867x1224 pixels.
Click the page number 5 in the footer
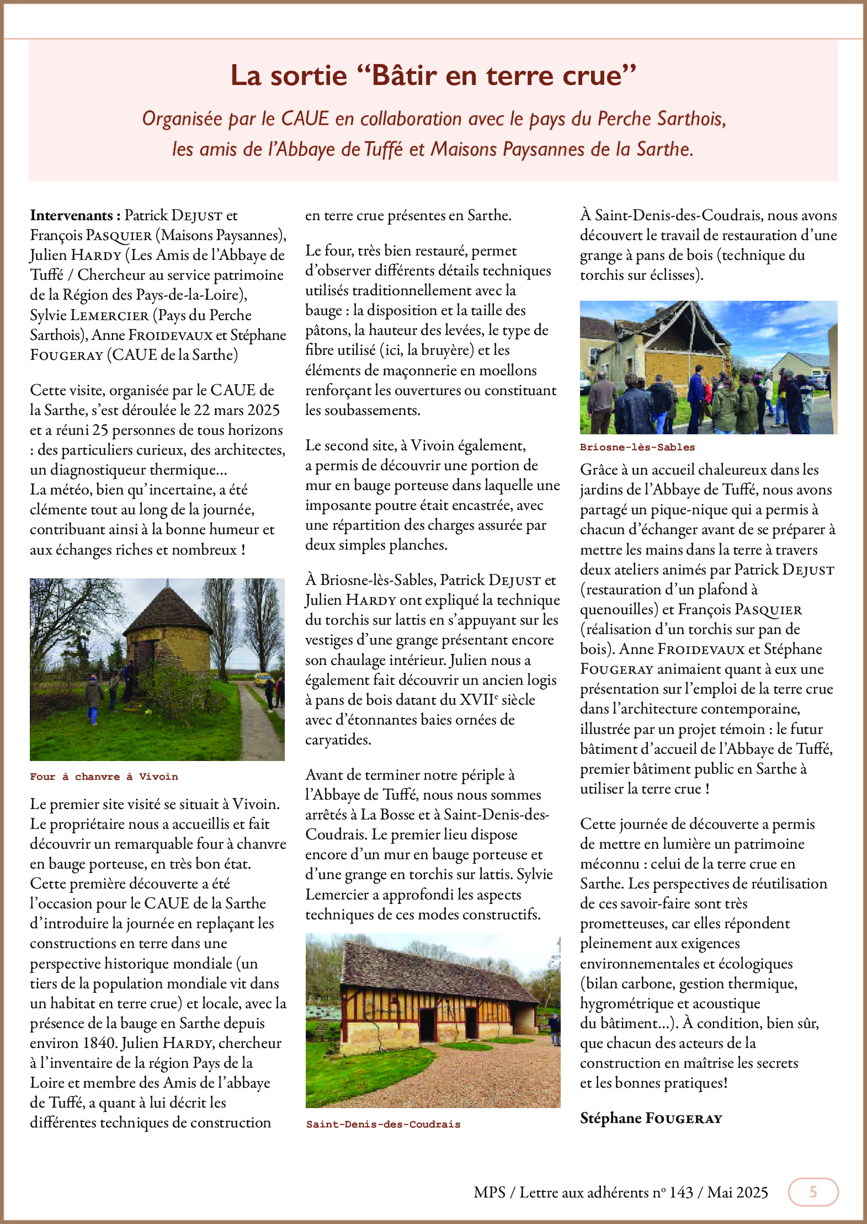point(813,1192)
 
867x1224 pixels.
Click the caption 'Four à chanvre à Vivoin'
point(104,776)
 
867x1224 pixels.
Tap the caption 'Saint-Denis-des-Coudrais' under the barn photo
point(383,1124)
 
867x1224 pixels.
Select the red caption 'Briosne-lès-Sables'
point(637,447)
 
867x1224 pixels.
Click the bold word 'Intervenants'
point(71,215)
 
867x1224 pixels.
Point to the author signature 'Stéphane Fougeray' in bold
point(651,1118)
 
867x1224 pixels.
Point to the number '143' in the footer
point(681,1193)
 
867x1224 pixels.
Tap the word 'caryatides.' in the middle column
point(338,739)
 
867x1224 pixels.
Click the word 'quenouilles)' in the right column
point(619,609)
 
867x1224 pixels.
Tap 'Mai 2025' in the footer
point(737,1193)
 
